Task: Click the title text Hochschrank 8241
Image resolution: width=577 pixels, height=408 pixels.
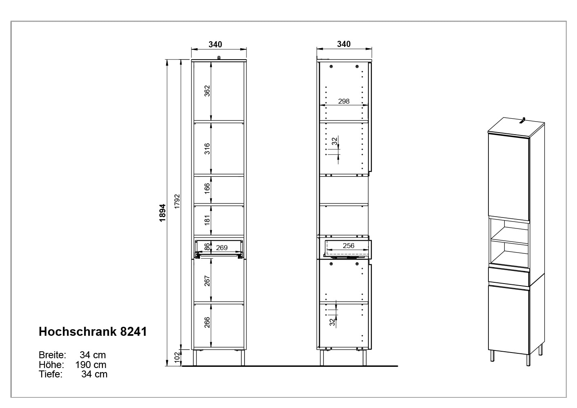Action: pyautogui.click(x=93, y=332)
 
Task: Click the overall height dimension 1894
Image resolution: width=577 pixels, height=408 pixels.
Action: pyautogui.click(x=163, y=213)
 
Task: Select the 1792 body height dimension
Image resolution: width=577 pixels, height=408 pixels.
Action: pyautogui.click(x=177, y=202)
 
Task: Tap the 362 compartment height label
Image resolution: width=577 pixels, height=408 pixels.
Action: pyautogui.click(x=207, y=91)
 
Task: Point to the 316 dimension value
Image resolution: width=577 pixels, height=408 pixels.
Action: pyautogui.click(x=207, y=149)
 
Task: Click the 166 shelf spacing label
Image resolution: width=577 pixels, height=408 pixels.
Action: pyautogui.click(x=207, y=188)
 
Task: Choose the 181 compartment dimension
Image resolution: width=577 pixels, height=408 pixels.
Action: pyautogui.click(x=207, y=221)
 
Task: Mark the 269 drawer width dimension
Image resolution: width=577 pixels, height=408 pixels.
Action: pyautogui.click(x=222, y=248)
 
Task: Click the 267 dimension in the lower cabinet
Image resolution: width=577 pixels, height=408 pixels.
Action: pyautogui.click(x=207, y=281)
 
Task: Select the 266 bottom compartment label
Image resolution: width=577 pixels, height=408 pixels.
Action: pyautogui.click(x=207, y=323)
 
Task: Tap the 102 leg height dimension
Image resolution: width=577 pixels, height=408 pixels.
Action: pyautogui.click(x=177, y=357)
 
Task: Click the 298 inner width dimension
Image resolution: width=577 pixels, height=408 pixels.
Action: pyautogui.click(x=344, y=101)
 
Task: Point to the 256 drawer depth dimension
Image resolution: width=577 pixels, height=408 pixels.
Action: pyautogui.click(x=348, y=246)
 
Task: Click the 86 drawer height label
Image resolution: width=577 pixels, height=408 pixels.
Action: pyautogui.click(x=207, y=246)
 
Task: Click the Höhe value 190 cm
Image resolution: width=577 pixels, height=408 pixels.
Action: pyautogui.click(x=91, y=364)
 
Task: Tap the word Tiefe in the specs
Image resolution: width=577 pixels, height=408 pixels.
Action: pyautogui.click(x=50, y=374)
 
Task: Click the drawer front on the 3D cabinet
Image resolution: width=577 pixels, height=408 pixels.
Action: pyautogui.click(x=508, y=277)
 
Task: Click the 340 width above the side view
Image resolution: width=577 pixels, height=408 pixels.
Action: pyautogui.click(x=344, y=44)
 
